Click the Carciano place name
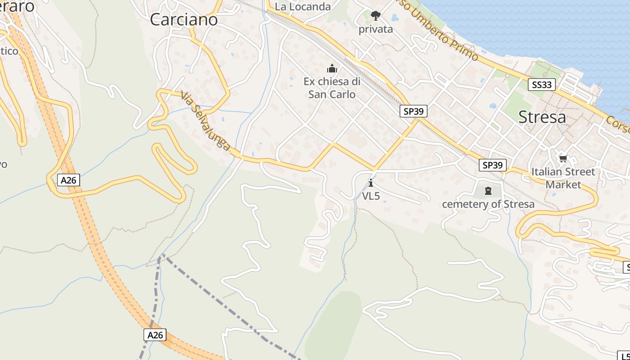(x=184, y=19)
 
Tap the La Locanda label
(x=302, y=7)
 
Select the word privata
(x=376, y=29)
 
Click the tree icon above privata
(x=375, y=16)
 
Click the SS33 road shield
(x=541, y=85)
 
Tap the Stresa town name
(x=542, y=117)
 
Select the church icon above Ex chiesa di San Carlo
(x=332, y=69)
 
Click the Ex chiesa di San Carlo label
(x=332, y=88)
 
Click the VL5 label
(x=371, y=196)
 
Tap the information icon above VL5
(x=371, y=183)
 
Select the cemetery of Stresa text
(x=488, y=204)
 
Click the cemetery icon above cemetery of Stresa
(x=488, y=191)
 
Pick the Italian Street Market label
(x=563, y=178)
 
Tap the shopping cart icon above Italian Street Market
(x=562, y=158)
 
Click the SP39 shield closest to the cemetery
(x=492, y=165)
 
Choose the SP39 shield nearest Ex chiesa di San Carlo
(x=413, y=111)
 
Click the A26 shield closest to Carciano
(x=69, y=180)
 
